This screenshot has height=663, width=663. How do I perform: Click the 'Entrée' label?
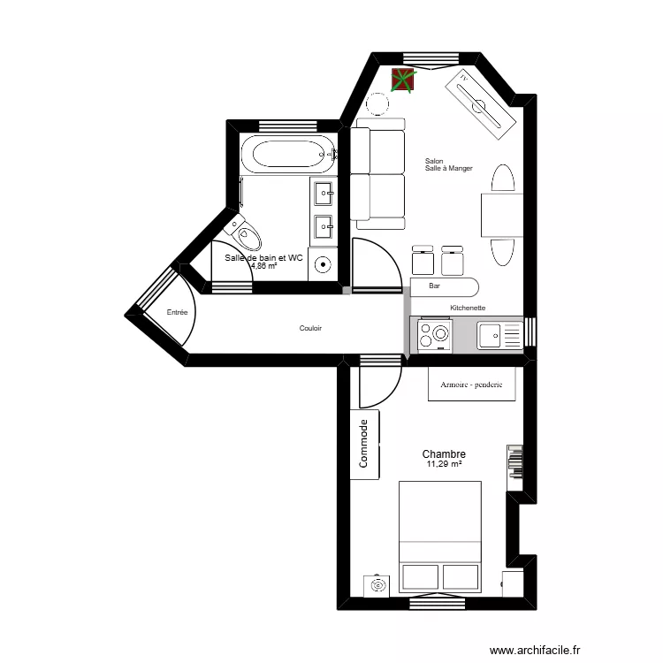pyautogui.click(x=177, y=312)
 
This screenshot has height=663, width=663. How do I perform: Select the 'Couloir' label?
pyautogui.click(x=310, y=328)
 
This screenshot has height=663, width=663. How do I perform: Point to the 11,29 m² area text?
pyautogui.click(x=445, y=464)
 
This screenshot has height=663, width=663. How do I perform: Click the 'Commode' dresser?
pyautogui.click(x=364, y=444)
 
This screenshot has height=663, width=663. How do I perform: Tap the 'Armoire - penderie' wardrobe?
pyautogui.click(x=471, y=385)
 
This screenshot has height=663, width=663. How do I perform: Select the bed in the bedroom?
pyautogui.click(x=440, y=536)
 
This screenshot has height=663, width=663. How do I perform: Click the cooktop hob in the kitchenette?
pyautogui.click(x=435, y=335)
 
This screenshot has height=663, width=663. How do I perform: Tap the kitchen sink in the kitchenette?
pyautogui.click(x=499, y=335)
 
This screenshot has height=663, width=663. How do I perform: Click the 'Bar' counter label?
pyautogui.click(x=434, y=286)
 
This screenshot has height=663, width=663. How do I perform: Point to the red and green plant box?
pyautogui.click(x=403, y=79)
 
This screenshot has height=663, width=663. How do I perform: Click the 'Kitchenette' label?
pyautogui.click(x=468, y=308)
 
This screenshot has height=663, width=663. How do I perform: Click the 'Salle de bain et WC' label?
pyautogui.click(x=263, y=258)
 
